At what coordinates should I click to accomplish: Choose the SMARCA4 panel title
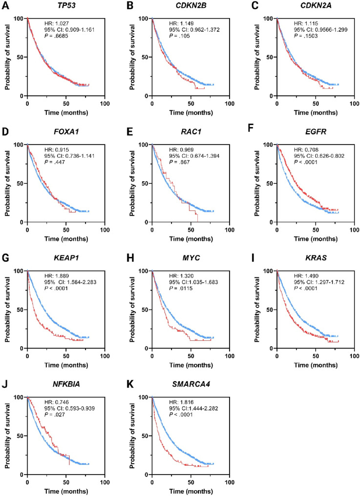(191, 385)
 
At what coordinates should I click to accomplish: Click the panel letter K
(129, 385)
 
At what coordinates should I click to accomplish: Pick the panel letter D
(5, 132)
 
